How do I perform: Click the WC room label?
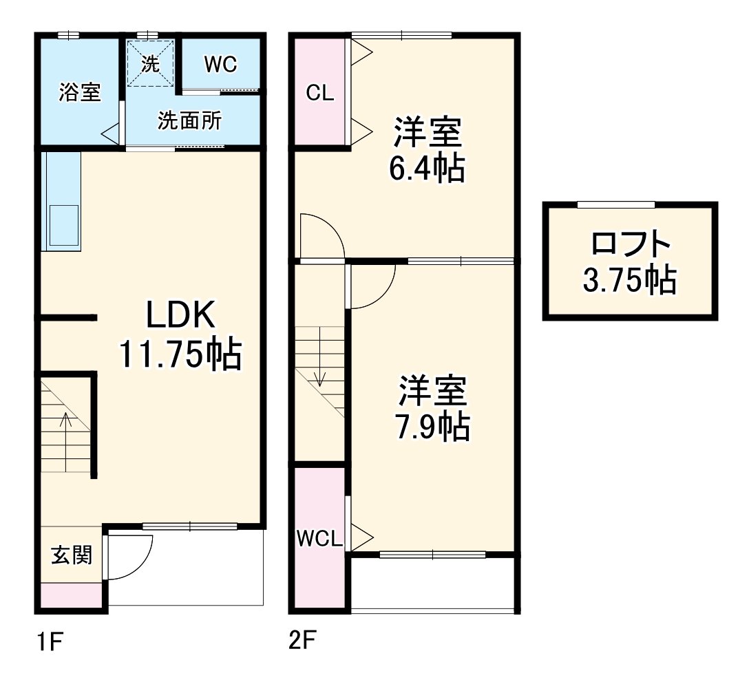point(220,64)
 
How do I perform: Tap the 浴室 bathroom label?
point(80,92)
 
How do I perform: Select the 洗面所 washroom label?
point(189,121)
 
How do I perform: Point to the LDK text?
point(180,317)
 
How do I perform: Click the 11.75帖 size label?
point(180,355)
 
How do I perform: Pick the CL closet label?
point(320,94)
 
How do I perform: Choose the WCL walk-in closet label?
point(319,539)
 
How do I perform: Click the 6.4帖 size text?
point(427,169)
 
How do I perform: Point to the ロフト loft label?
point(630,244)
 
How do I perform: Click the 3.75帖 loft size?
point(630,280)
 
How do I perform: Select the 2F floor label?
point(303,642)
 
